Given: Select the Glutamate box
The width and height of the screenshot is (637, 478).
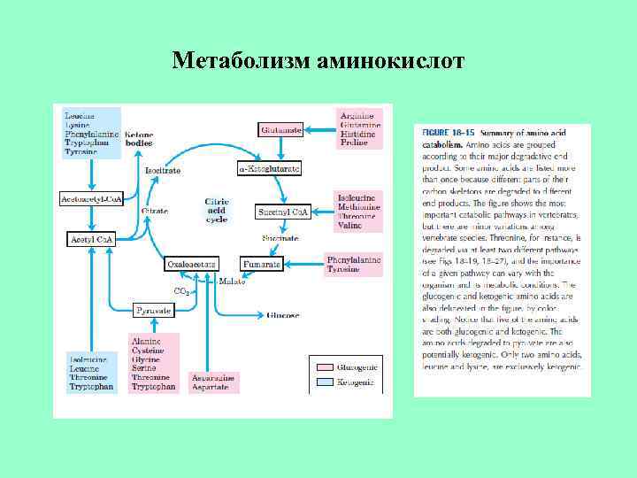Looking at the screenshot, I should (281, 129).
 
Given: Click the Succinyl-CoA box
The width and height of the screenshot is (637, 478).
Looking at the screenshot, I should (282, 212).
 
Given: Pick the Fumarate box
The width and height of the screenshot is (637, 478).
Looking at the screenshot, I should (262, 264).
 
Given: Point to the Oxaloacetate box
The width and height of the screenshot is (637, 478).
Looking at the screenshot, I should (192, 264).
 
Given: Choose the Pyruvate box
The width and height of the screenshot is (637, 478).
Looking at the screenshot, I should (154, 311).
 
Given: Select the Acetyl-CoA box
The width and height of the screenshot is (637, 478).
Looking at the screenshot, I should (92, 239).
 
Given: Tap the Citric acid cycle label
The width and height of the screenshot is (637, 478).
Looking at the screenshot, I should (217, 211).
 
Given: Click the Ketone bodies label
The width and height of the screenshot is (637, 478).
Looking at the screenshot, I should (140, 137).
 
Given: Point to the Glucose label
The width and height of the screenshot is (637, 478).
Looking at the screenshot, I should (284, 315).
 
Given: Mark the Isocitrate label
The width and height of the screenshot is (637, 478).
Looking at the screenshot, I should (163, 170).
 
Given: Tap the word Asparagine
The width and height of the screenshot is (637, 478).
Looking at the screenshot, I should (214, 378).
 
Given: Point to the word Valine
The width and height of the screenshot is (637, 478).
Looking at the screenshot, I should (349, 226).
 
